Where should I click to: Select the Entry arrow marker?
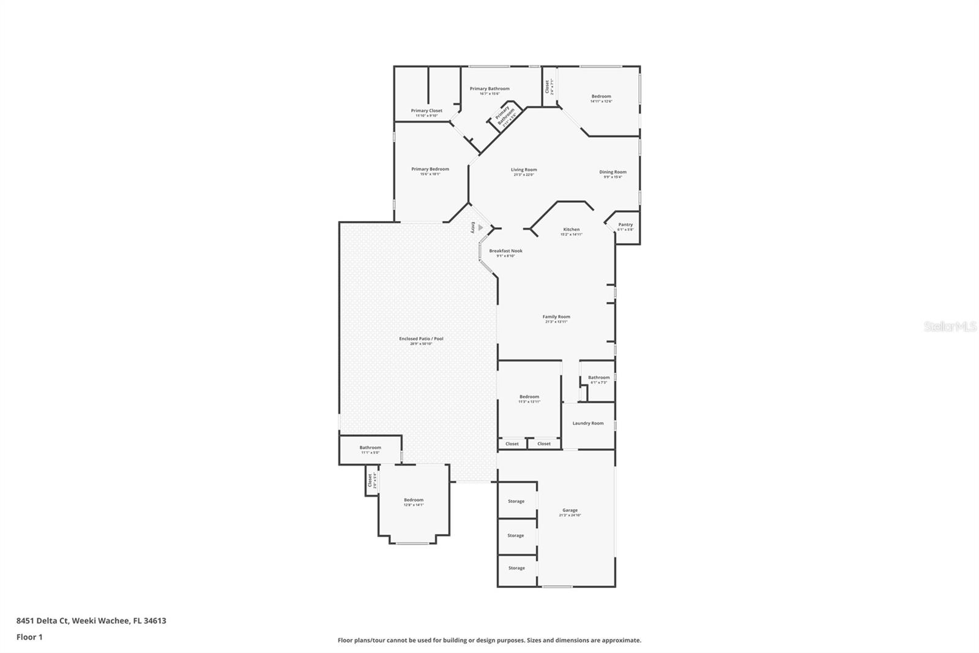[480, 227]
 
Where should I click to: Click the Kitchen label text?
[571, 230]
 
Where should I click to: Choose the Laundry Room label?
[587, 423]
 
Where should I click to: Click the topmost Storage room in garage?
[516, 501]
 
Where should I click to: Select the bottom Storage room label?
[516, 568]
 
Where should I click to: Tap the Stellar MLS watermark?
[950, 326]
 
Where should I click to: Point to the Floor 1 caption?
[29, 637]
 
